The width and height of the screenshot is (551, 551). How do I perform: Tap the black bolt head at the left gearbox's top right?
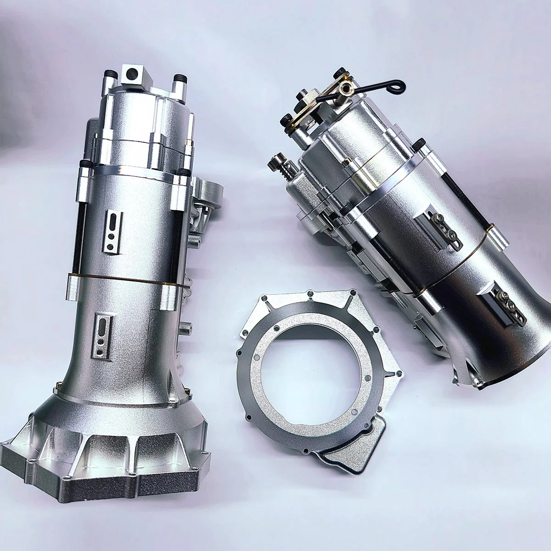tap(179, 79)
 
